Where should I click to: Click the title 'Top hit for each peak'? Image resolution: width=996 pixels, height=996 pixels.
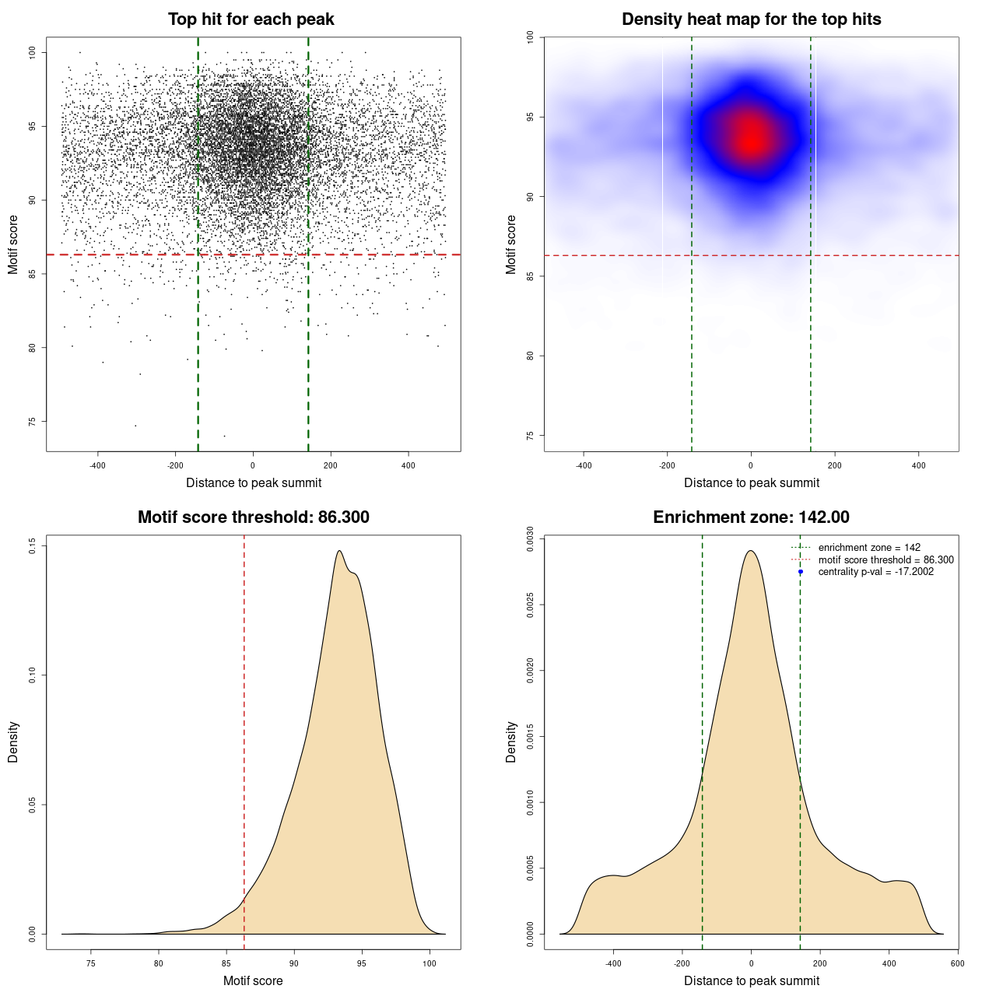251,19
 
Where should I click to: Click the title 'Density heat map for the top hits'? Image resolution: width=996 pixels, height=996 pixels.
751,19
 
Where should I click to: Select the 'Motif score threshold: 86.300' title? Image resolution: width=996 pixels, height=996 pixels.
253,517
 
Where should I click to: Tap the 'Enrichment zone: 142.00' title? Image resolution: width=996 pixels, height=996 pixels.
751,517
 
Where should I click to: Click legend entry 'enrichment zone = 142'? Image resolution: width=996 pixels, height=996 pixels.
869,548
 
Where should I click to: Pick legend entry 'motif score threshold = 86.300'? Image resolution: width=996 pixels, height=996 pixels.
886,560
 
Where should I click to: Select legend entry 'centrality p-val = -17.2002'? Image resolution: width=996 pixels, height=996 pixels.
875,572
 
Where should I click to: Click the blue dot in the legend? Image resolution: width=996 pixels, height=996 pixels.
801,572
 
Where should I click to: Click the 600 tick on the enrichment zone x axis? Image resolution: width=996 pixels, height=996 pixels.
957,963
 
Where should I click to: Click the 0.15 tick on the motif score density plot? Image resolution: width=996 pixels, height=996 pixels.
32,546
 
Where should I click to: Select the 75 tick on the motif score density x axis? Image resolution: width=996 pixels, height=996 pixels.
91,963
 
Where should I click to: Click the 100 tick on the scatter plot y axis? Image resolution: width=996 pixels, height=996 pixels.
32,52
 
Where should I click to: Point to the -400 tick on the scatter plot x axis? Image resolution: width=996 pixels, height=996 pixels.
97,465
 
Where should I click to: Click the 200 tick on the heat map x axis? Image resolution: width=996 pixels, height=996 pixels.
835,465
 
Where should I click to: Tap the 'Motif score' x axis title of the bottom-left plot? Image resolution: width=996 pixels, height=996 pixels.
253,980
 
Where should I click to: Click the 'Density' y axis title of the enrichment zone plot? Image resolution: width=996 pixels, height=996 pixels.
511,742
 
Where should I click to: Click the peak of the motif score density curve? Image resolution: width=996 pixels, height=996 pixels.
339,551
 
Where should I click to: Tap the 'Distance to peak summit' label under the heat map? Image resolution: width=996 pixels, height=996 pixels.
751,482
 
